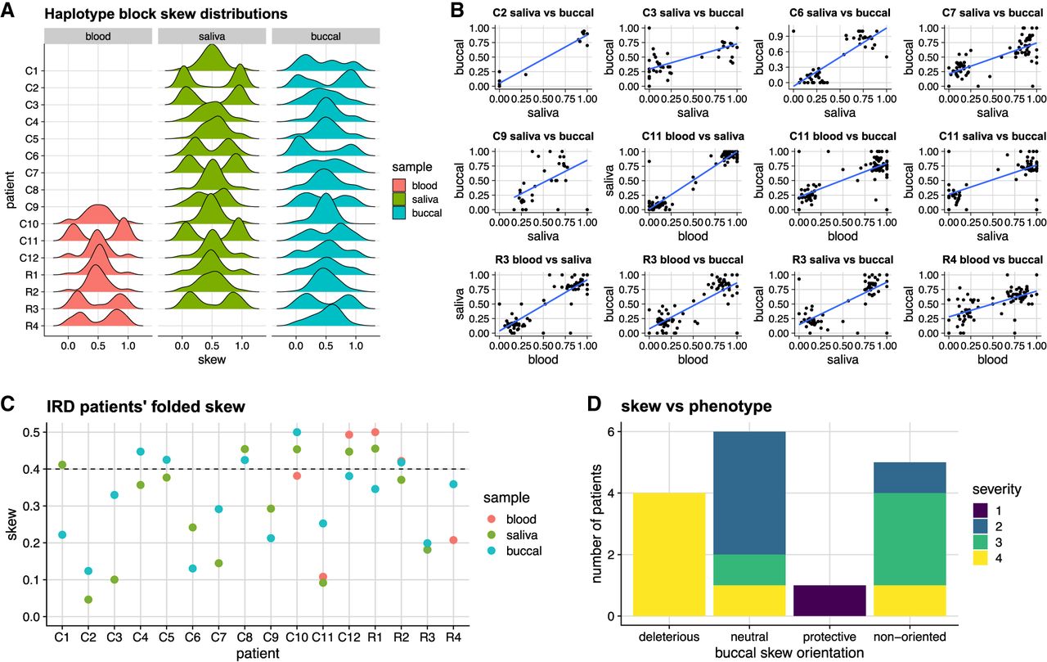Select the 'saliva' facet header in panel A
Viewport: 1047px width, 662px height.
(x=210, y=38)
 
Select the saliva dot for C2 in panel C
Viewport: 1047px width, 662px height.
(x=88, y=599)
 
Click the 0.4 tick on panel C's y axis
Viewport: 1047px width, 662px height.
(x=28, y=469)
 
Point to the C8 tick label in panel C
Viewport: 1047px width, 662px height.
(x=244, y=633)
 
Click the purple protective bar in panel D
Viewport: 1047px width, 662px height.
(x=830, y=601)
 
